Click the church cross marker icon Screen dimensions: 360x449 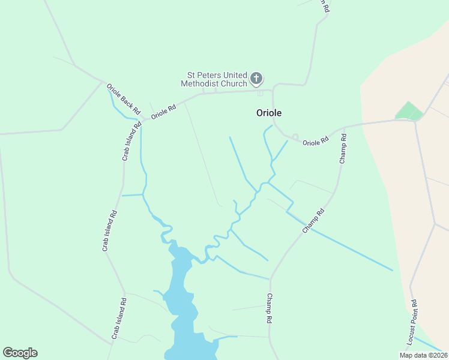tap(256, 78)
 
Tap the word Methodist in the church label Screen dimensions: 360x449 tap(200, 83)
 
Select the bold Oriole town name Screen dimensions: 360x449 tap(269, 112)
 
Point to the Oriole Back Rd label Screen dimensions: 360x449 tap(124, 99)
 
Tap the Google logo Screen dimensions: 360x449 tap(20, 353)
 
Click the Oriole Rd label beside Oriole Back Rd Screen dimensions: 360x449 tap(163, 112)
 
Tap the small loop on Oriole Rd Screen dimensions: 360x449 tap(295, 137)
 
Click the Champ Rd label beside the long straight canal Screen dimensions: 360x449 tap(313, 221)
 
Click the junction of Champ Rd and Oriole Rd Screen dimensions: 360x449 tap(345, 128)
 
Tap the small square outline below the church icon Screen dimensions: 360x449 tap(260, 93)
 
